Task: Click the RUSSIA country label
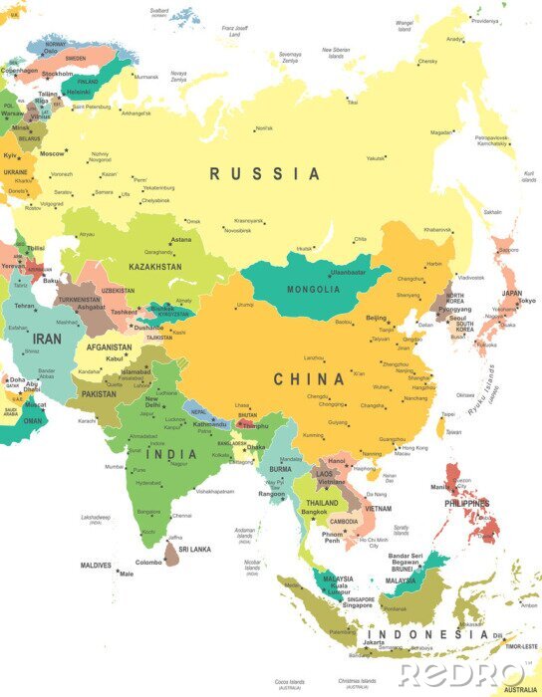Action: pos(265,174)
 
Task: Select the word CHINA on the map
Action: pos(309,378)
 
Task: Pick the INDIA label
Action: pos(172,454)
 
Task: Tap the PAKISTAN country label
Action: pos(99,394)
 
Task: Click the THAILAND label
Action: pos(323,504)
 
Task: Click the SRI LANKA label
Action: pos(194,549)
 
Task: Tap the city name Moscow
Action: pos(52,153)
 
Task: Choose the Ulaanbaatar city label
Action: pos(348,271)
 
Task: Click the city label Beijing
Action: pos(376,318)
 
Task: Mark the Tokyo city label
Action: pos(527,301)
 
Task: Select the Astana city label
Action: pos(180,240)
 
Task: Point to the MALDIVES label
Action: pos(96,566)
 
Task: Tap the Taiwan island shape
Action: pos(441,427)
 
